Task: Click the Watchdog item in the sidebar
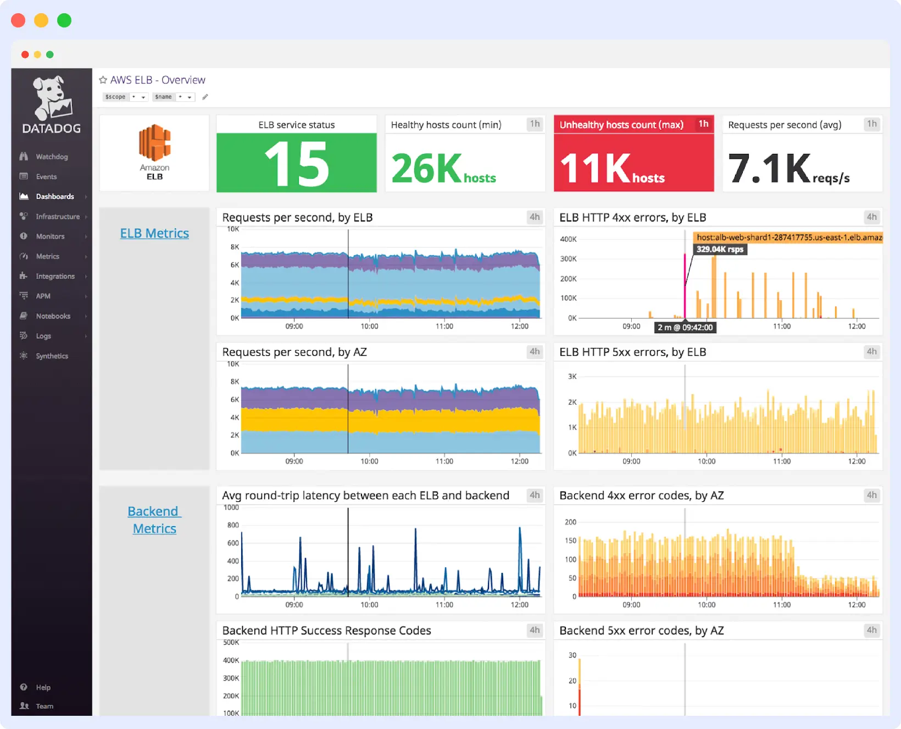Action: click(x=51, y=157)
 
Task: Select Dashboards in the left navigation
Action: click(x=54, y=196)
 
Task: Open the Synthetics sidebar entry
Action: click(x=52, y=356)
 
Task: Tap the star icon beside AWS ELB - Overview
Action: click(x=103, y=80)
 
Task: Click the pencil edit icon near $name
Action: click(x=205, y=97)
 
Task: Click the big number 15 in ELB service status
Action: click(x=297, y=164)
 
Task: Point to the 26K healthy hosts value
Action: click(x=426, y=168)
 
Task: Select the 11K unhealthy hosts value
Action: click(x=595, y=168)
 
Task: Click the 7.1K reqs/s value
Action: click(x=769, y=168)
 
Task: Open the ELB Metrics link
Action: click(x=154, y=234)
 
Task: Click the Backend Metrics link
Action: click(x=154, y=520)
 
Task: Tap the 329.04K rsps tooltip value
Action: click(x=720, y=250)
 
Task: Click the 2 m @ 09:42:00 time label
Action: click(x=685, y=328)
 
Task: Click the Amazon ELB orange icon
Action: click(x=154, y=143)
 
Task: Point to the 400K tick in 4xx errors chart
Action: click(x=568, y=239)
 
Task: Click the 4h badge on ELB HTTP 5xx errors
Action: click(x=871, y=352)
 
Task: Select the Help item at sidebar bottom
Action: click(x=43, y=687)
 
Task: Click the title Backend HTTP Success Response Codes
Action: click(x=326, y=631)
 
